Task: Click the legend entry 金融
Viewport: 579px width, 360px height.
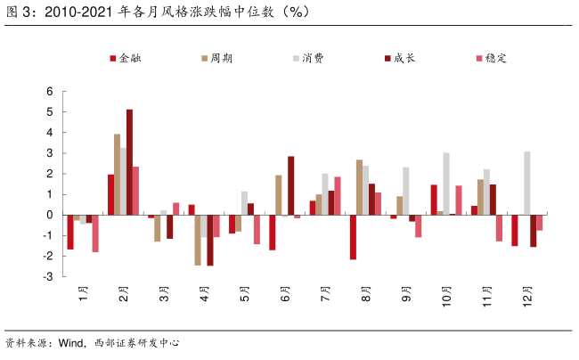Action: pyautogui.click(x=130, y=58)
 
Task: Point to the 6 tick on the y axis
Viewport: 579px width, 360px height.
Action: pyautogui.click(x=50, y=92)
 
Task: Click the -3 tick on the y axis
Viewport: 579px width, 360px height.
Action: pyautogui.click(x=48, y=276)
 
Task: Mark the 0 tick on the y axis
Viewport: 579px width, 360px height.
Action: pyautogui.click(x=50, y=215)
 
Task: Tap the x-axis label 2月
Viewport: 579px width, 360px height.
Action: pyautogui.click(x=123, y=295)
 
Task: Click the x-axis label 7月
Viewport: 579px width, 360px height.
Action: pyautogui.click(x=325, y=295)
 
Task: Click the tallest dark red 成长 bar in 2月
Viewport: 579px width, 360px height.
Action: pyautogui.click(x=129, y=161)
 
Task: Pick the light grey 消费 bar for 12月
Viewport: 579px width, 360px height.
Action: pyautogui.click(x=527, y=183)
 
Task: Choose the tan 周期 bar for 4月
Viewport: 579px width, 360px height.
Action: pyautogui.click(x=198, y=240)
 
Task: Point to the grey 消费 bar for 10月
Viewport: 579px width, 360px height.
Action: pyautogui.click(x=446, y=184)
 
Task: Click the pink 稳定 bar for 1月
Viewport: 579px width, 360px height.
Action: pyautogui.click(x=95, y=233)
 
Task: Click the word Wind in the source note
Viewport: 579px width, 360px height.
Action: pyautogui.click(x=69, y=343)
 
